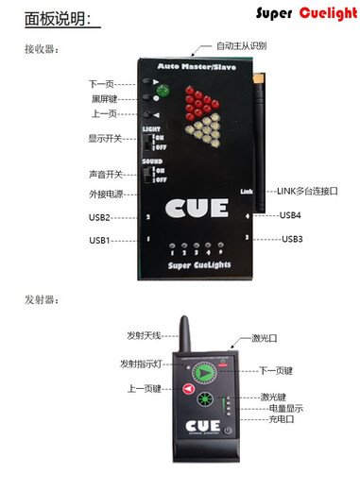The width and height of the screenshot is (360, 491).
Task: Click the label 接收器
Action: [41, 47]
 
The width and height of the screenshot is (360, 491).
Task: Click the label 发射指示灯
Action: [142, 364]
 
